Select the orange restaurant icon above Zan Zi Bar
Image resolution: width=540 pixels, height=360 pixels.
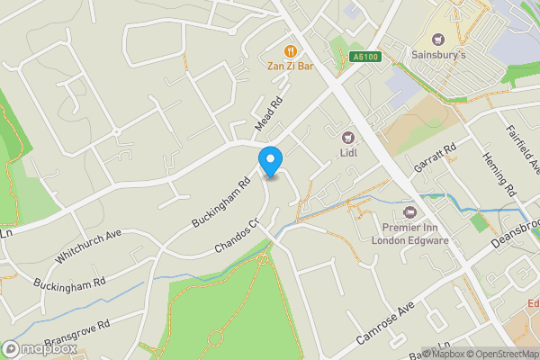coord(290,50)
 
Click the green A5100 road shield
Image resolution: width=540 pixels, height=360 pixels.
coord(365,58)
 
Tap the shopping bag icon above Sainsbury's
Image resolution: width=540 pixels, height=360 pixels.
coord(439,39)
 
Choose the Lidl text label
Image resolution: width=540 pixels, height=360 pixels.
coord(348,153)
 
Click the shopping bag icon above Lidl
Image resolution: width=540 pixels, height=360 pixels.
coord(348,138)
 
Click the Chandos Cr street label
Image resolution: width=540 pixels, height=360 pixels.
coord(237,234)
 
